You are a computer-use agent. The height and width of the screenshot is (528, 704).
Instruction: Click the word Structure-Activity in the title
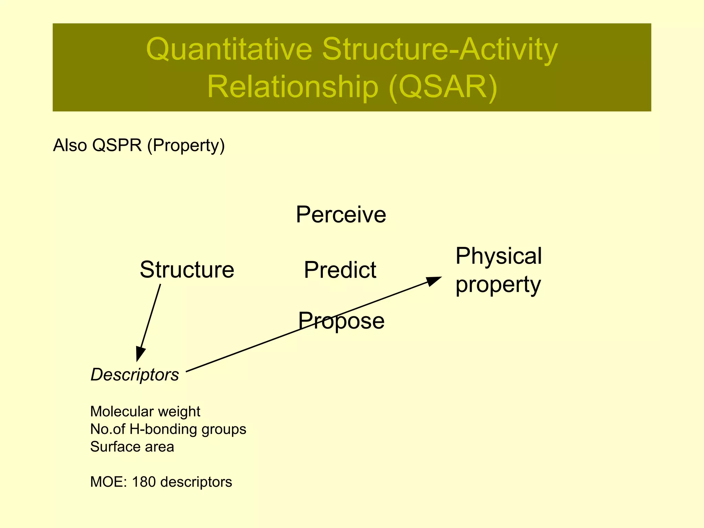pyautogui.click(x=440, y=49)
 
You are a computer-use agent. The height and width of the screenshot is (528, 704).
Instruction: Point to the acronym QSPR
pyautogui.click(x=117, y=145)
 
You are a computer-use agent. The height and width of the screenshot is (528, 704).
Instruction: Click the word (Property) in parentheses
pyautogui.click(x=186, y=145)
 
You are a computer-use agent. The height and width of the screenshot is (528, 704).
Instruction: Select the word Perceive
pyautogui.click(x=341, y=215)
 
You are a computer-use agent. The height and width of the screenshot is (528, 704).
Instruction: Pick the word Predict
pyautogui.click(x=340, y=270)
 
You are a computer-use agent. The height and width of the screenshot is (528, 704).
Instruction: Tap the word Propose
pyautogui.click(x=341, y=321)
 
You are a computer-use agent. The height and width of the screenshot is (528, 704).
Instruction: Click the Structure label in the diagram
pyautogui.click(x=187, y=270)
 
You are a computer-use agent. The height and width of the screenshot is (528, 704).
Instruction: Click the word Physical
pyautogui.click(x=498, y=256)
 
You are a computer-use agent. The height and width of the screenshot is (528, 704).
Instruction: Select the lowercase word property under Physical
pyautogui.click(x=498, y=285)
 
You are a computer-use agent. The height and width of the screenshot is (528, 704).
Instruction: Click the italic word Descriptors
pyautogui.click(x=134, y=375)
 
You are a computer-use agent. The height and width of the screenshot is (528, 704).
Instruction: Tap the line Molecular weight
pyautogui.click(x=145, y=411)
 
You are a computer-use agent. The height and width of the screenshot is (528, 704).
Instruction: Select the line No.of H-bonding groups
pyautogui.click(x=168, y=429)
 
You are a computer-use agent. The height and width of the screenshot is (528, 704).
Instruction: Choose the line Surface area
pyautogui.click(x=132, y=447)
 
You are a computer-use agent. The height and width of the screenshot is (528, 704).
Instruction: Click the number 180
pyautogui.click(x=144, y=482)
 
